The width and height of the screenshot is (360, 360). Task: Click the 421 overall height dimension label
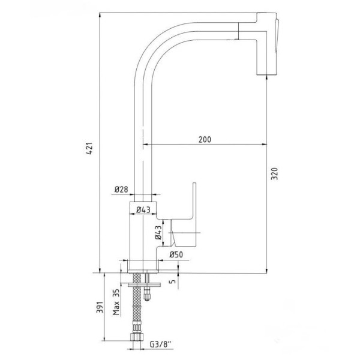pyautogui.click(x=89, y=148)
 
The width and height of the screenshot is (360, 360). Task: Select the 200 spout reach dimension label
pyautogui.click(x=205, y=139)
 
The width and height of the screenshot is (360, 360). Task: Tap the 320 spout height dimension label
pyautogui.click(x=274, y=174)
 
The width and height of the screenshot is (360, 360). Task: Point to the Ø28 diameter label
pyautogui.click(x=121, y=190)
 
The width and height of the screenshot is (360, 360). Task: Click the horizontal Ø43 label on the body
pyautogui.click(x=143, y=209)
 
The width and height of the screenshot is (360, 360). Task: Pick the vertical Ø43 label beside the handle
pyautogui.click(x=158, y=232)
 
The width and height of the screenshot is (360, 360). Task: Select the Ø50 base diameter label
pyautogui.click(x=176, y=254)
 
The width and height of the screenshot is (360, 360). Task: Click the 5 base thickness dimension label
pyautogui.click(x=173, y=281)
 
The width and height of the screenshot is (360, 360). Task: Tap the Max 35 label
pyautogui.click(x=116, y=302)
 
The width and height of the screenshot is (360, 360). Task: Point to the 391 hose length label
pyautogui.click(x=100, y=307)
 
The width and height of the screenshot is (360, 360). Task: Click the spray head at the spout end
pyautogui.click(x=267, y=44)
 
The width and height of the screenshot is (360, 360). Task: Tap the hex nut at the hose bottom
pyautogui.click(x=137, y=337)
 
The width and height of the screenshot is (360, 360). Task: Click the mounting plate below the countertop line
pyautogui.click(x=144, y=285)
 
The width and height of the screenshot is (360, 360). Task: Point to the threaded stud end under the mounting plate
pyautogui.click(x=146, y=295)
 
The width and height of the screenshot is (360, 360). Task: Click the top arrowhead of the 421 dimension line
pyautogui.click(x=100, y=14)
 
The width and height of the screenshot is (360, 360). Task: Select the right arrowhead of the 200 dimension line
pyautogui.click(x=264, y=145)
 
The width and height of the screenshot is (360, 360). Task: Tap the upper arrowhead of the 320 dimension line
pyautogui.click(x=266, y=77)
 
